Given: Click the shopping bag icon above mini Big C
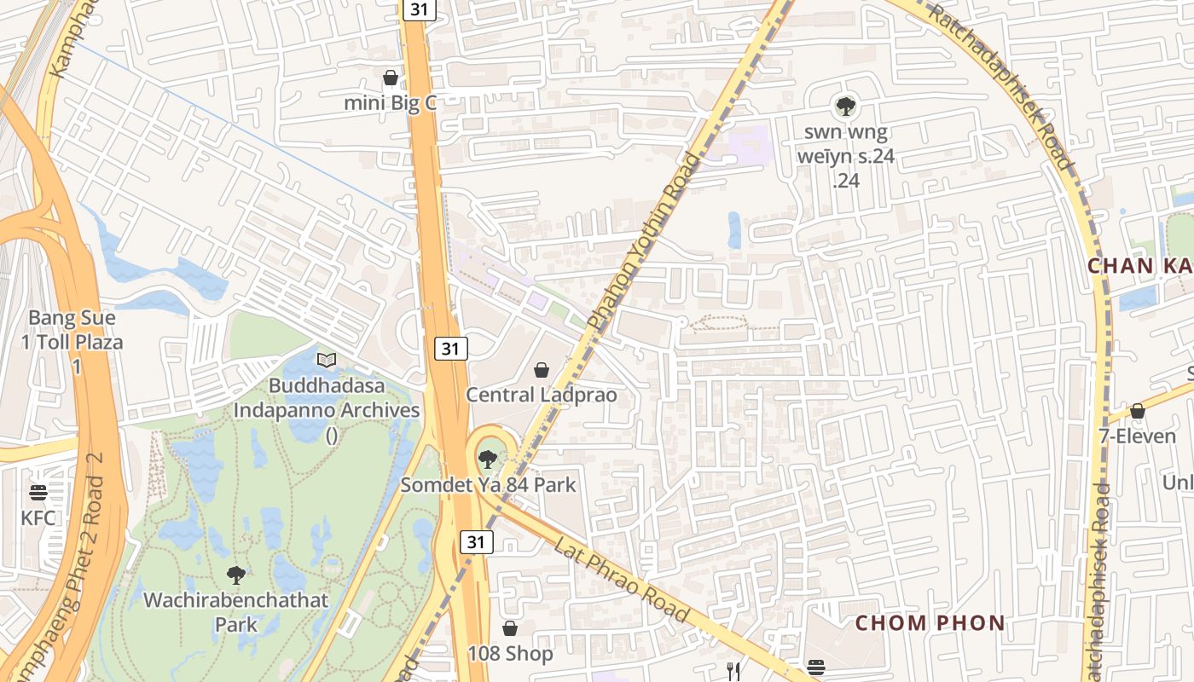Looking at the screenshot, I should [391, 78].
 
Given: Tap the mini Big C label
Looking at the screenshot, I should [390, 103].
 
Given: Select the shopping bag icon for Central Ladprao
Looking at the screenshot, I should [541, 370].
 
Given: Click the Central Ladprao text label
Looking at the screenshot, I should [541, 395].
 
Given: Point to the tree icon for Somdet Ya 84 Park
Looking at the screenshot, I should [487, 459].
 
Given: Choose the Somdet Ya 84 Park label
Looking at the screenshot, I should [489, 485].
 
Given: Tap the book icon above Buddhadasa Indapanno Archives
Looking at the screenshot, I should [327, 360].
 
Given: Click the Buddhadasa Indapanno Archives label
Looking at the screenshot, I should [327, 410].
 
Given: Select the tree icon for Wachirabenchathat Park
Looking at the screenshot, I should [236, 575].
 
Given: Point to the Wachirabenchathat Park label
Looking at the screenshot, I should [235, 611].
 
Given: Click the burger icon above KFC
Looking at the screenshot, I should [38, 493].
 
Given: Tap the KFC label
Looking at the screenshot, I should [38, 517].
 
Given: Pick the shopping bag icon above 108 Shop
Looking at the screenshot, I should [510, 629].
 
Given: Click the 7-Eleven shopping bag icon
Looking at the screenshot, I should [1137, 412].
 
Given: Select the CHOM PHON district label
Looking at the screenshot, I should [930, 623].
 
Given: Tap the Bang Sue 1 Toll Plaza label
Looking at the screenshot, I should [76, 342].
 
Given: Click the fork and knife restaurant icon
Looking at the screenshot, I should [732, 670].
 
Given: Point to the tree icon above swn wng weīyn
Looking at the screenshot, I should [845, 107].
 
